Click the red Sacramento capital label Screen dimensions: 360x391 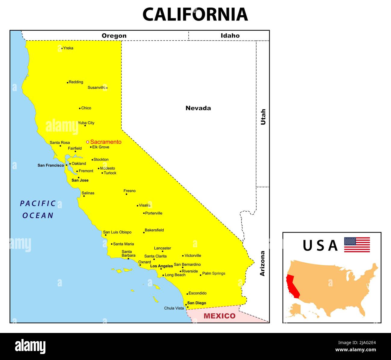point(106,142)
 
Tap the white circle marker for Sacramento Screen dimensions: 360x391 point(88,142)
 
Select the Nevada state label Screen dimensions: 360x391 point(198,108)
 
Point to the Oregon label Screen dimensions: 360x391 point(114,36)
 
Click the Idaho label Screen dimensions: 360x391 point(230,35)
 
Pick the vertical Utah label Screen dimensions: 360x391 point(263,117)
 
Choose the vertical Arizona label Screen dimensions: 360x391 point(262,263)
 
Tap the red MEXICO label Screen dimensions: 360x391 point(220,316)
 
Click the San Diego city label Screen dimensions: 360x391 point(197,303)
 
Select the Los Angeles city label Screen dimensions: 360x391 point(162,266)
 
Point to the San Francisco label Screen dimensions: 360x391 point(51,165)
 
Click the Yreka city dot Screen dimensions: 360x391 point(62,48)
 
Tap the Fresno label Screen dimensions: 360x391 point(130,191)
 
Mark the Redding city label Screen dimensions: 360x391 point(76,82)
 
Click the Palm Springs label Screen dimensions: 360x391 point(214,273)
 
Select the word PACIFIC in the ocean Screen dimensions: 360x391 point(38,204)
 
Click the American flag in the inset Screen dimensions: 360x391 point(357,245)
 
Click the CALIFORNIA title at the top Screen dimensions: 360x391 point(195,14)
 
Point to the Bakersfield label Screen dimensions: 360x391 point(154,230)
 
